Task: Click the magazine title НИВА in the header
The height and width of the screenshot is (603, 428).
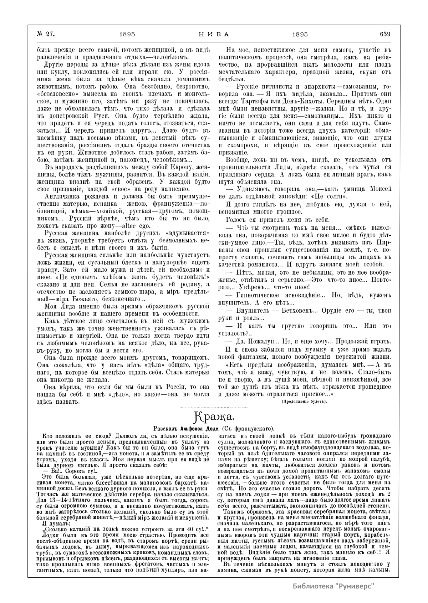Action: [214, 34]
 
